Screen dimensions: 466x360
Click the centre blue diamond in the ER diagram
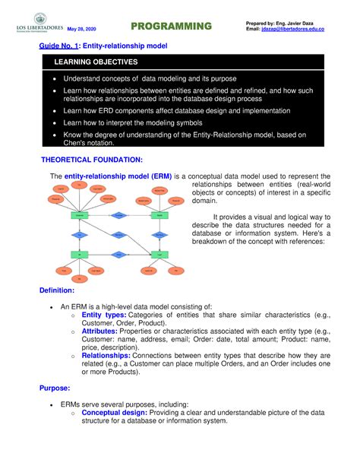point(118,235)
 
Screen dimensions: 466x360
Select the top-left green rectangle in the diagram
point(79,216)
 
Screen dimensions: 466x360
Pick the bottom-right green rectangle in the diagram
point(159,254)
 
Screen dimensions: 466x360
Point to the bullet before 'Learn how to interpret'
point(53,122)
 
